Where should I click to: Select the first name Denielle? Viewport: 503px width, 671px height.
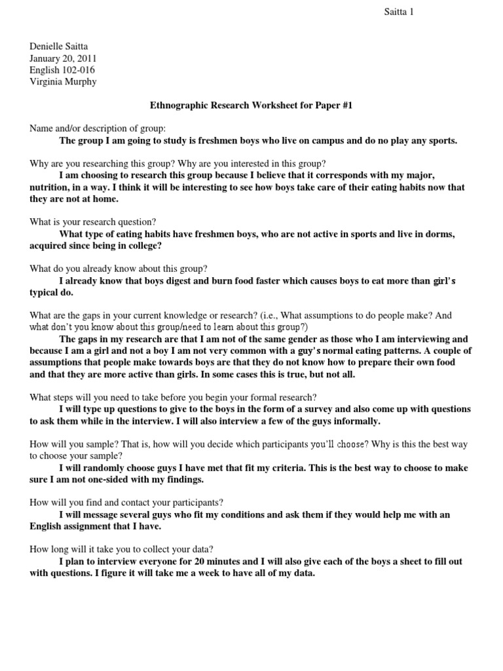click(50, 46)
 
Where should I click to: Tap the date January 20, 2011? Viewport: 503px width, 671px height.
click(63, 58)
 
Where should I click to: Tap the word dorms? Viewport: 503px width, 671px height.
click(440, 234)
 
